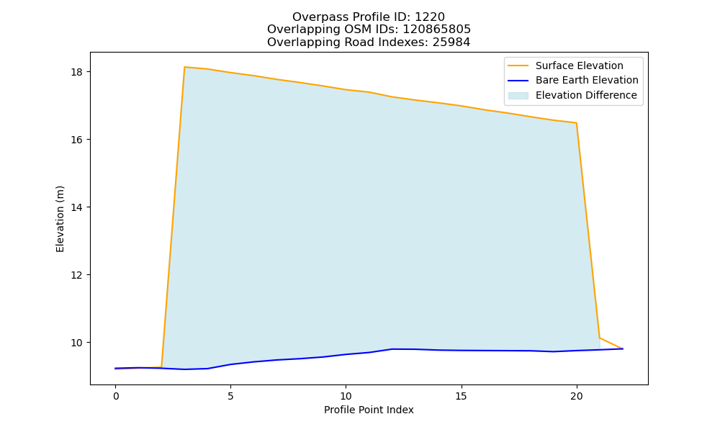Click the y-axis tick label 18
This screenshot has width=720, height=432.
[x=76, y=72]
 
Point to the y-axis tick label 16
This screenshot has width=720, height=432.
[x=76, y=140]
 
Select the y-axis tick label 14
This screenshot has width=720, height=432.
[x=76, y=207]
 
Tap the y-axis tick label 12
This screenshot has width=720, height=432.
[x=76, y=275]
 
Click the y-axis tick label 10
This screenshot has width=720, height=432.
[x=76, y=343]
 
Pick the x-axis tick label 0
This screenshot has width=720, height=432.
[x=116, y=396]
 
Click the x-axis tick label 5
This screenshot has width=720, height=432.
[x=230, y=396]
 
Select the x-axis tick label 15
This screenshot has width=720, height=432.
[x=461, y=396]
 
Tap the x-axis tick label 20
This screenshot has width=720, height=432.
[x=576, y=396]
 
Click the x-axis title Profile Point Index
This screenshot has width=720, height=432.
[x=369, y=410]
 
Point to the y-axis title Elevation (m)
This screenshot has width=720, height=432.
[x=60, y=219]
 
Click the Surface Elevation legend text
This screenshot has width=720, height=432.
[x=579, y=66]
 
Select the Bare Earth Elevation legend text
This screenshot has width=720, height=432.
[x=587, y=81]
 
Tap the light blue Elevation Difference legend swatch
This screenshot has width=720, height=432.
[x=518, y=96]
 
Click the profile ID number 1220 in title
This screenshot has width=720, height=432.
[x=430, y=17]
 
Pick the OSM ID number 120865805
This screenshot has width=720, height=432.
[x=437, y=30]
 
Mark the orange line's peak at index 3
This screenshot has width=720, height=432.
[x=184, y=67]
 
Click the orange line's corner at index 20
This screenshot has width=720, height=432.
[x=576, y=123]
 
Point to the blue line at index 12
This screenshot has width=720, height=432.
[x=392, y=349]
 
